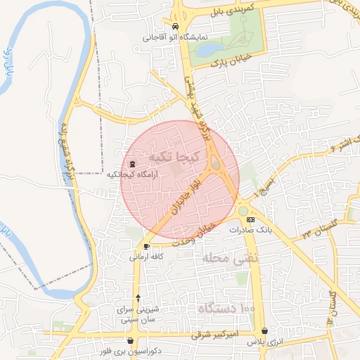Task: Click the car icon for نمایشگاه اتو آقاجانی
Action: pyautogui.click(x=176, y=27)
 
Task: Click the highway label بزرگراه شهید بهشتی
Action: pyautogui.click(x=198, y=109)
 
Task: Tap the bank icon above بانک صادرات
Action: pyautogui.click(x=251, y=220)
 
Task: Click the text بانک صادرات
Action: pyautogui.click(x=255, y=230)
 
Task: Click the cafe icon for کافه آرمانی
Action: pyautogui.click(x=146, y=246)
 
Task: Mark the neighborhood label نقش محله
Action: pyautogui.click(x=231, y=259)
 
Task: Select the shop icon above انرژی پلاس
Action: pyautogui.click(x=264, y=330)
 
